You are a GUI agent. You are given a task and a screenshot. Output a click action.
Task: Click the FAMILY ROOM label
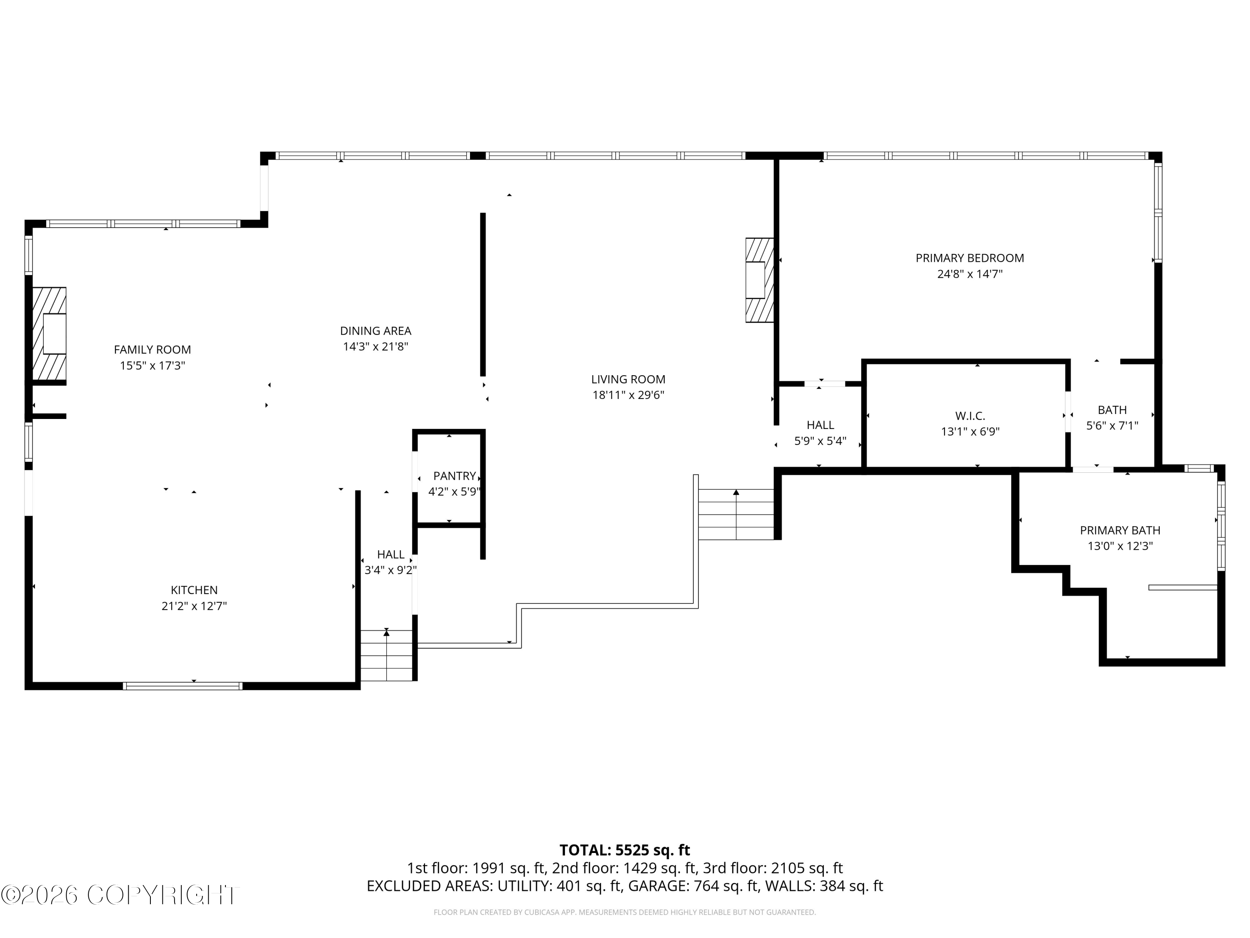(x=152, y=349)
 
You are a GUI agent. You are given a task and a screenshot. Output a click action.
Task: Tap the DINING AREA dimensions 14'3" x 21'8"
(x=375, y=346)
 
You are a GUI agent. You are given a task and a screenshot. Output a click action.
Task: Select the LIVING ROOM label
(x=628, y=379)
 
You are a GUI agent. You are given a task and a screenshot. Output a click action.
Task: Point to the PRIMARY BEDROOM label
(x=969, y=258)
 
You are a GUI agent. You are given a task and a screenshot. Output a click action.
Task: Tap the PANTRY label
(x=454, y=476)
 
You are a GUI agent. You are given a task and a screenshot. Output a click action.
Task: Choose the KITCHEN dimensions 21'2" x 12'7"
(x=194, y=606)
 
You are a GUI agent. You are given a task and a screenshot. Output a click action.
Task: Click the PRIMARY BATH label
(x=1120, y=530)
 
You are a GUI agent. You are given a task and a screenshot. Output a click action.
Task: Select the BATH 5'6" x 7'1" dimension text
(x=1112, y=426)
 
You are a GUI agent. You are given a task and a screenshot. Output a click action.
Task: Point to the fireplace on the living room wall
(x=759, y=280)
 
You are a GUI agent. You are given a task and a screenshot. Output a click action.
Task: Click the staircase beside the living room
(x=736, y=514)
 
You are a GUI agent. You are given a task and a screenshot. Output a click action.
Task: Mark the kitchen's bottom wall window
(x=182, y=686)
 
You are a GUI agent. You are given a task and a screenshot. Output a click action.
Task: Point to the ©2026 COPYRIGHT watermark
(x=120, y=895)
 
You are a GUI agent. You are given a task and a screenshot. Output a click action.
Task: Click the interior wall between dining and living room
(x=482, y=294)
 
